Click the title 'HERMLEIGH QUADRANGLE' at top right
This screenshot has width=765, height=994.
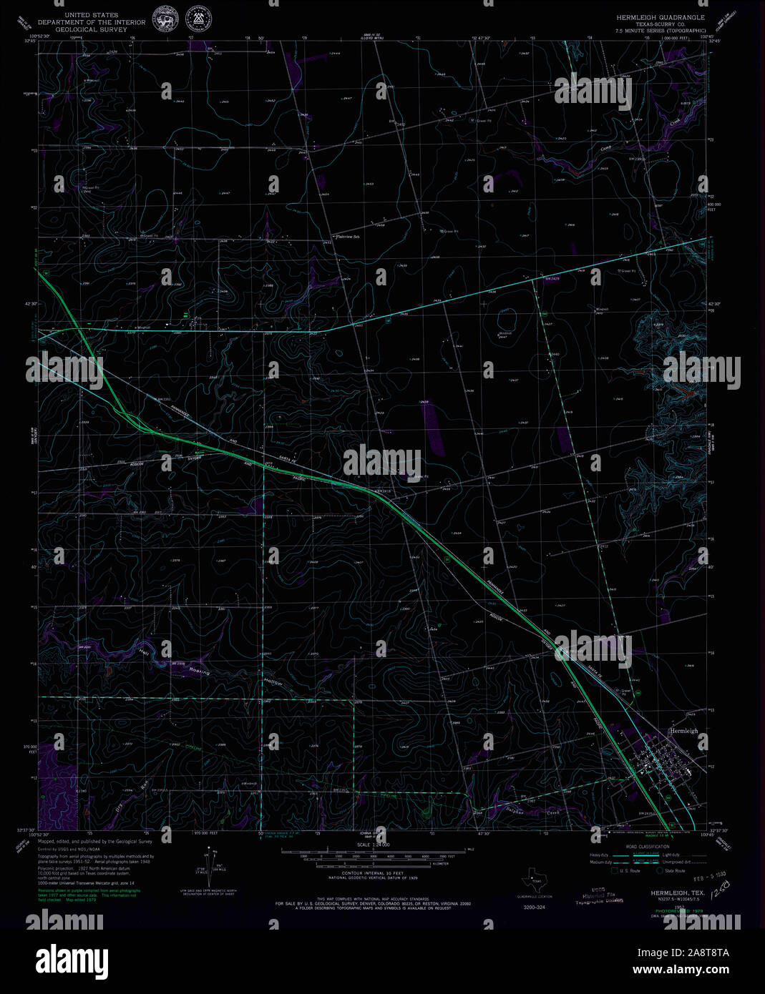[661, 16]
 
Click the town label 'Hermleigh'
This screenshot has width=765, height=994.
[683, 731]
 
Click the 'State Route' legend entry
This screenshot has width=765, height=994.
[674, 870]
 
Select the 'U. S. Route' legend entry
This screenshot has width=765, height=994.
[630, 870]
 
